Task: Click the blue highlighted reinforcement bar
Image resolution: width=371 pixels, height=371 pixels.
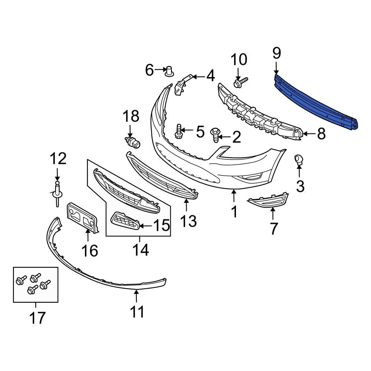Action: (x=315, y=100)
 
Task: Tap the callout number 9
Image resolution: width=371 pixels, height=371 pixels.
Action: (x=277, y=53)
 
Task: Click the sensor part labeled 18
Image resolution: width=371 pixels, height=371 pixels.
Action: (x=132, y=142)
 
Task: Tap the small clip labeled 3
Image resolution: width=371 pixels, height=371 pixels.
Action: (x=299, y=160)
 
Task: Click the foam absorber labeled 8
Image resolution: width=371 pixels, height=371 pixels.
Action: (x=260, y=111)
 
